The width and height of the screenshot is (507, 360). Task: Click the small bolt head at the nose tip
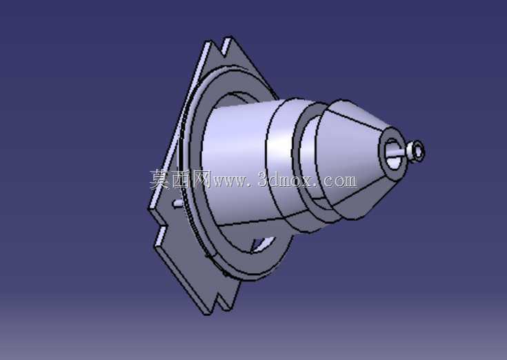416,151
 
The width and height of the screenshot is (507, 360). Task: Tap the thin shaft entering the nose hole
399,153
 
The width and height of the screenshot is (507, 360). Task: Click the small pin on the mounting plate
177,203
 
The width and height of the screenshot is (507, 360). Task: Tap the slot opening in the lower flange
263,244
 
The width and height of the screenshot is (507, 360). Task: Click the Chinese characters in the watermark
180,179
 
